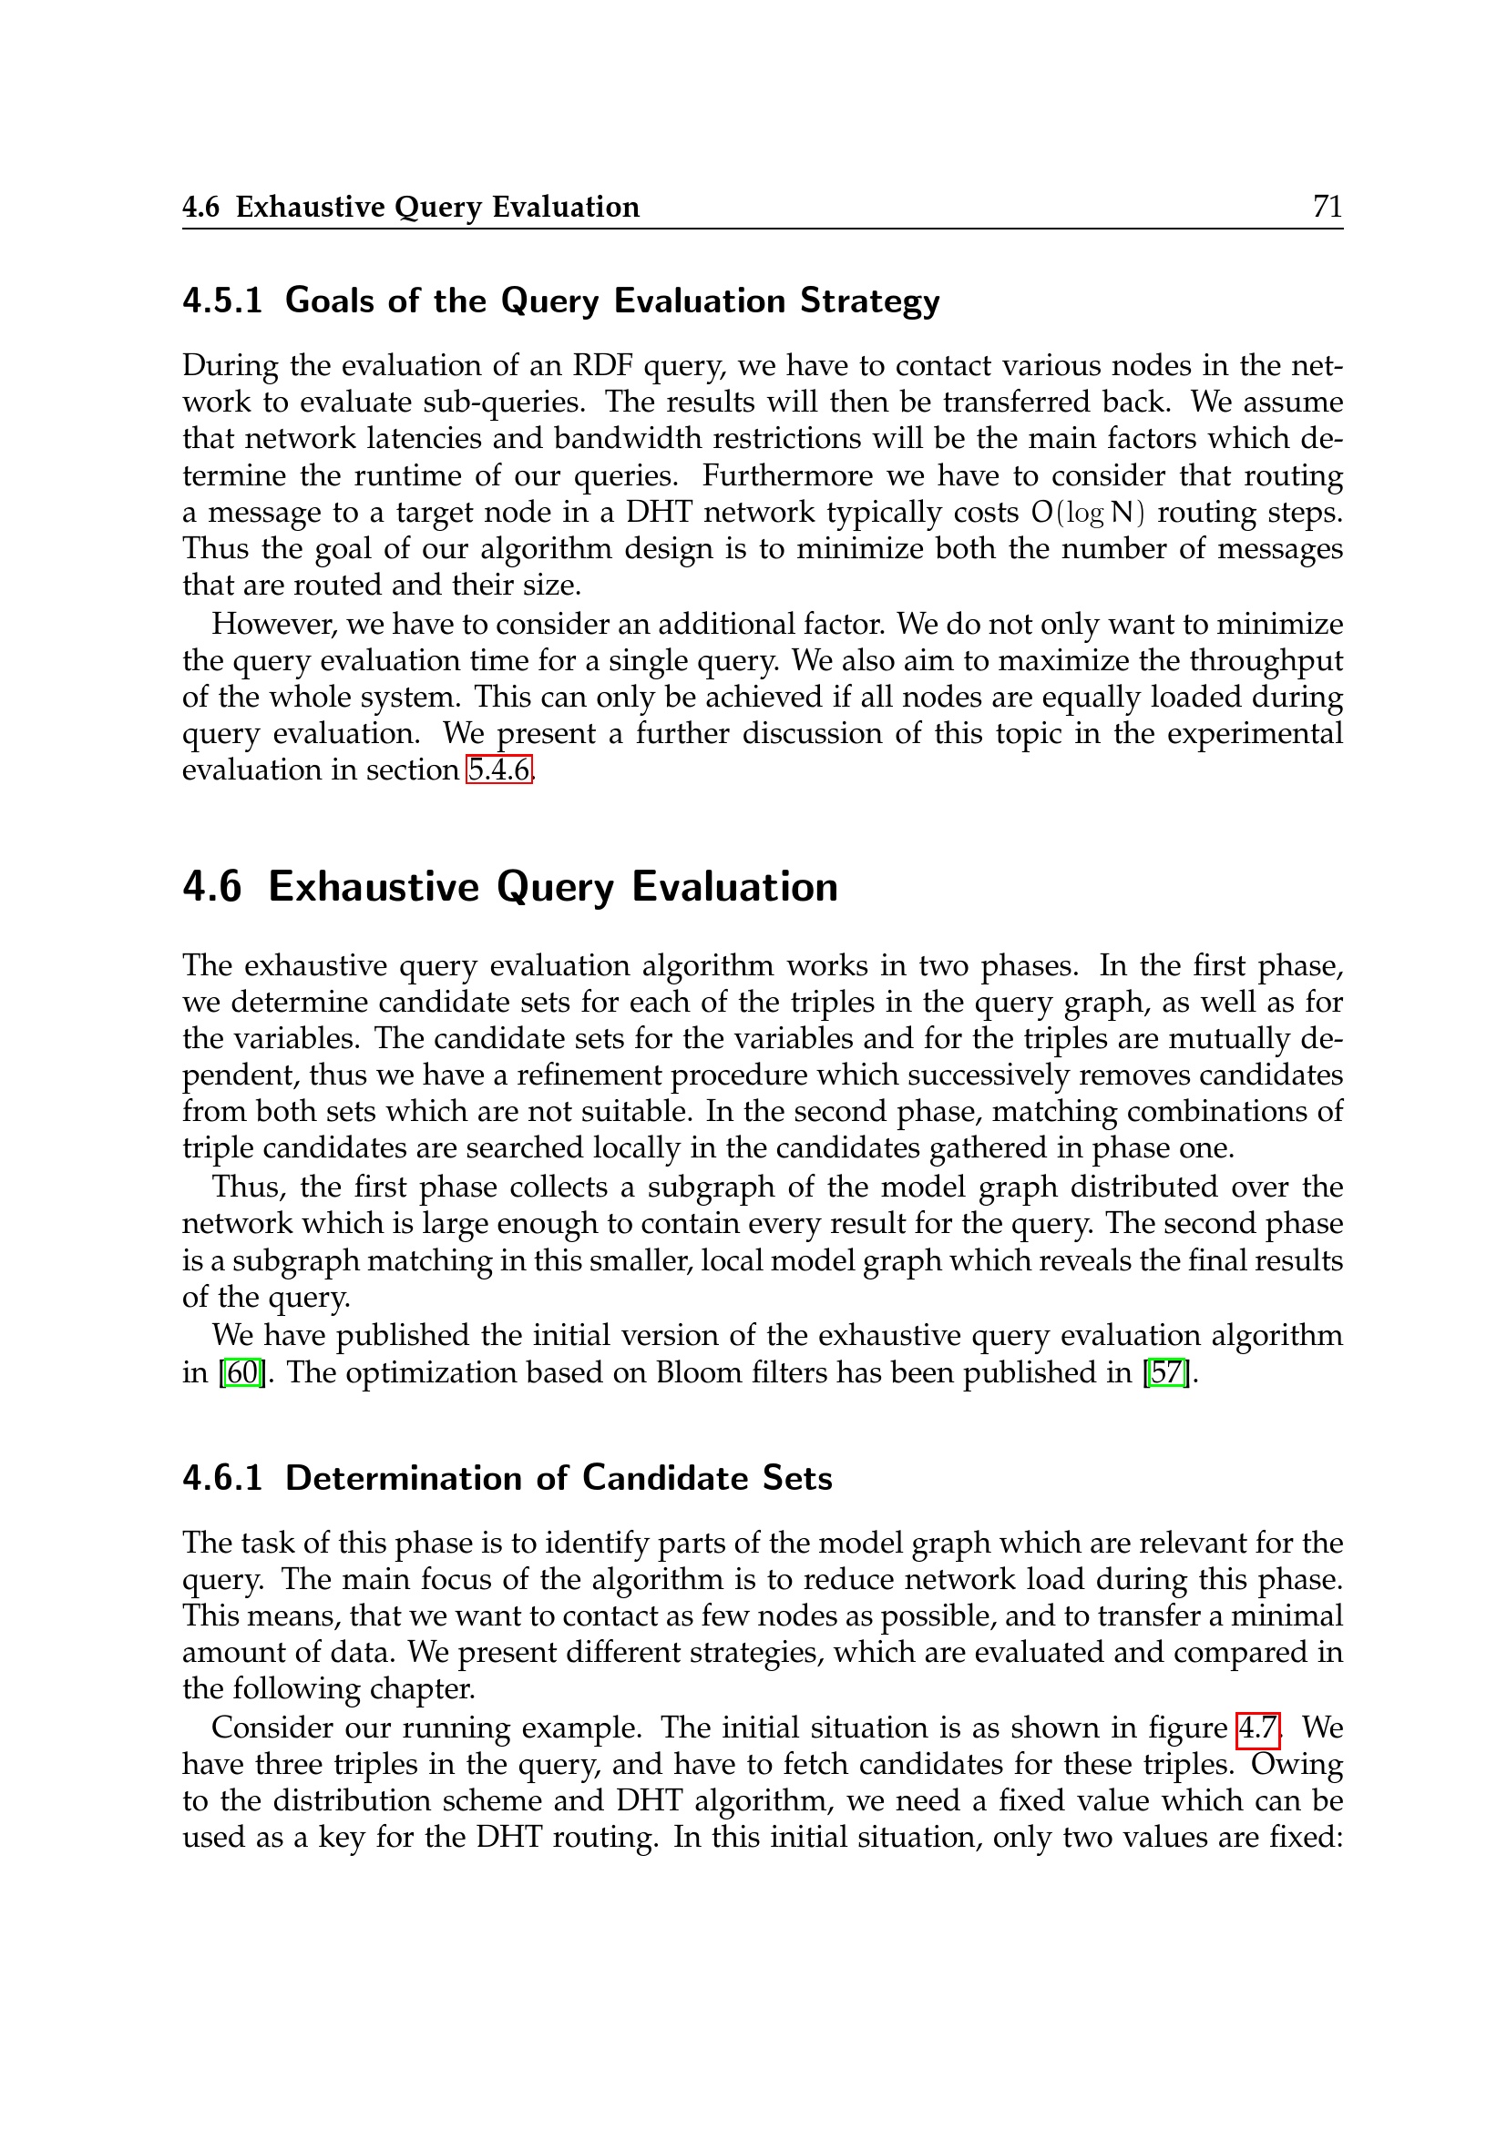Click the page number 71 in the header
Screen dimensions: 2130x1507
[1327, 206]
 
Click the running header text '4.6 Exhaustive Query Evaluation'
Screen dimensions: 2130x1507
[410, 207]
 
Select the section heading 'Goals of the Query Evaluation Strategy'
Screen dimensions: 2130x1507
[611, 301]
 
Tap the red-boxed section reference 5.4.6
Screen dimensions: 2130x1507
[499, 770]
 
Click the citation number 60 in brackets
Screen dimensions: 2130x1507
[242, 1372]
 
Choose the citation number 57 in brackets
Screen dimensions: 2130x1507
[1167, 1372]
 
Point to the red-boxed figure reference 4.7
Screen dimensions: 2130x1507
[1258, 1727]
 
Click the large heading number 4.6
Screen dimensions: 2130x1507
[212, 887]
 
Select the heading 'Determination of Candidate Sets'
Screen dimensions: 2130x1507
[559, 1478]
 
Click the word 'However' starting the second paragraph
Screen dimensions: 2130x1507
[272, 625]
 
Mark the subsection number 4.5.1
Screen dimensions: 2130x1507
[222, 301]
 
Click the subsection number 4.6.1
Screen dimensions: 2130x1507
[222, 1478]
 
